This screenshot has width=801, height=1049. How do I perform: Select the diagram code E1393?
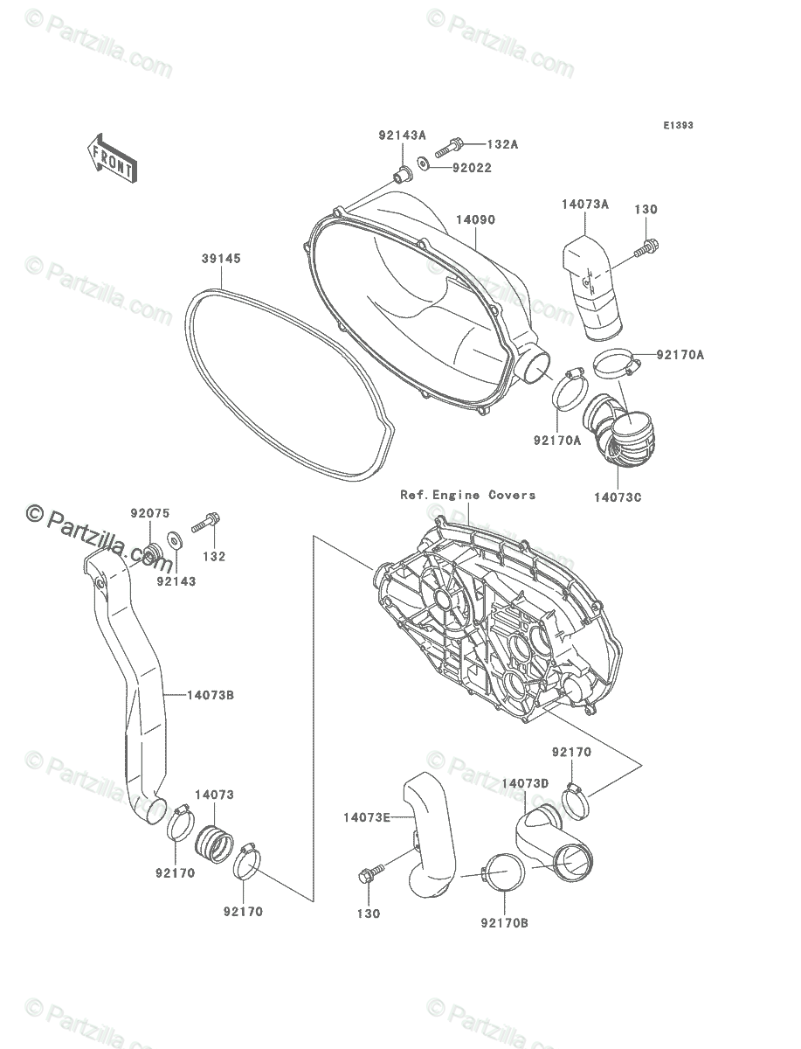[x=677, y=126]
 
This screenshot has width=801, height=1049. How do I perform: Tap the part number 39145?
[x=221, y=260]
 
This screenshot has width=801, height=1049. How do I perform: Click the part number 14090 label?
[x=474, y=219]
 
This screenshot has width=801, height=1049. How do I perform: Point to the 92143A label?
[x=402, y=135]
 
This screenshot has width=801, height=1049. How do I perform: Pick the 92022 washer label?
[x=472, y=167]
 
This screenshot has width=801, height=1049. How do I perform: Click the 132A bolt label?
[x=502, y=144]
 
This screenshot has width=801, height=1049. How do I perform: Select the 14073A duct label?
[x=584, y=205]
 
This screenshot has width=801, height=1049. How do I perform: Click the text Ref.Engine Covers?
[x=468, y=495]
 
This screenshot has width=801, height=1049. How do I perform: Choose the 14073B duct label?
[x=211, y=695]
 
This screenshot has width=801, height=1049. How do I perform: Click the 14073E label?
[x=366, y=817]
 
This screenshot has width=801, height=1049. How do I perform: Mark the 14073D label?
[x=525, y=783]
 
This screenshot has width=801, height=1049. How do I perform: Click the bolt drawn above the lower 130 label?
[x=369, y=874]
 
